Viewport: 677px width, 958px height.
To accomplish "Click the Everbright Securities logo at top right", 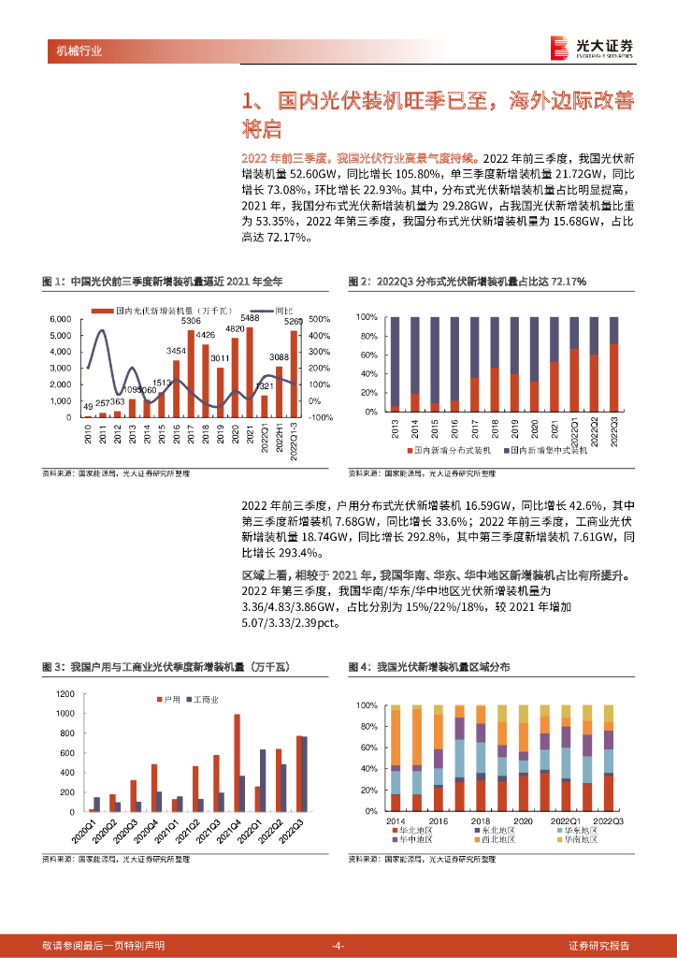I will coord(592,48).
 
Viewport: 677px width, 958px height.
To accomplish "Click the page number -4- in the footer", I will coord(338,945).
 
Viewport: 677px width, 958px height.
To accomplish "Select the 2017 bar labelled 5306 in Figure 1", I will coord(191,373).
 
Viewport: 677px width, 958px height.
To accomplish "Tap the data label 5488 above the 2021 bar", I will coord(250,318).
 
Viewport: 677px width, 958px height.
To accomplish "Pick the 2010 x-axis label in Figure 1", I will coord(87,432).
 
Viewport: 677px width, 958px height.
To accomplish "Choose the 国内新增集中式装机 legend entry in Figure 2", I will coord(546,450).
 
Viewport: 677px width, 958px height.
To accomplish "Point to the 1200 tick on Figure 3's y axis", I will coord(64,694).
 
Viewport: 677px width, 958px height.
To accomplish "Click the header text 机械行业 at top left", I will coord(73,51).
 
